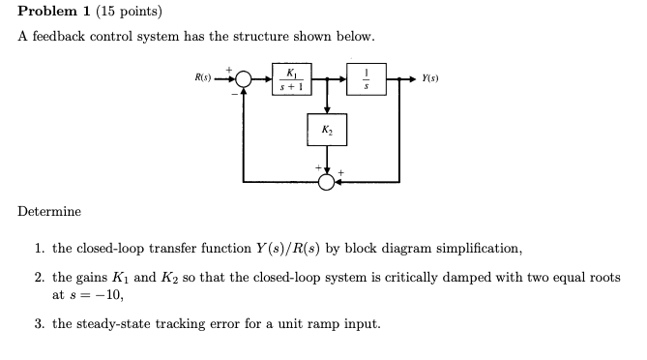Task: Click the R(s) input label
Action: (204, 77)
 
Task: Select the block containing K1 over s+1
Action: (289, 78)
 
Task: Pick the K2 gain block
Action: (328, 130)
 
